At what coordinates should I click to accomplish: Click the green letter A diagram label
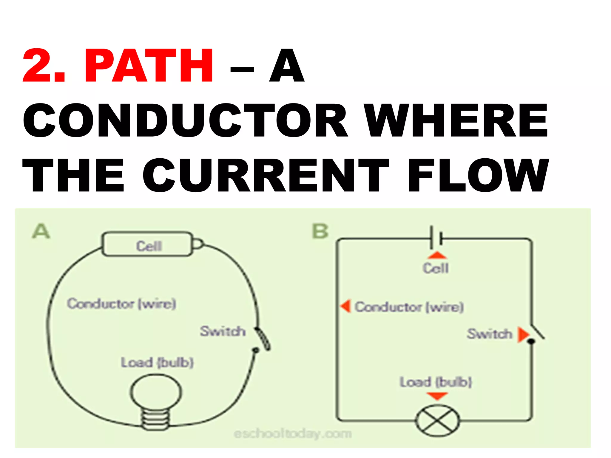click(x=41, y=231)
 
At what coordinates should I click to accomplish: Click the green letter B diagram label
click(x=320, y=231)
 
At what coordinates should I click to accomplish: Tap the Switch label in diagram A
click(x=223, y=331)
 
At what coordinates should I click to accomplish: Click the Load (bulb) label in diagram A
click(x=157, y=363)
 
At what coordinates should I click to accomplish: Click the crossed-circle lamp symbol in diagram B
click(x=438, y=421)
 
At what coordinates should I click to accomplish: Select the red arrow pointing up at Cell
click(x=437, y=255)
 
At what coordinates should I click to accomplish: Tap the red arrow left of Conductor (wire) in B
click(x=346, y=306)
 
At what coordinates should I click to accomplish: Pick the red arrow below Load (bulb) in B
click(x=437, y=396)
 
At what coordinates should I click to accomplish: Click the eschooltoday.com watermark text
click(x=292, y=434)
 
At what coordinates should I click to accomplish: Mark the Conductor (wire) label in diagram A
click(x=121, y=304)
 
